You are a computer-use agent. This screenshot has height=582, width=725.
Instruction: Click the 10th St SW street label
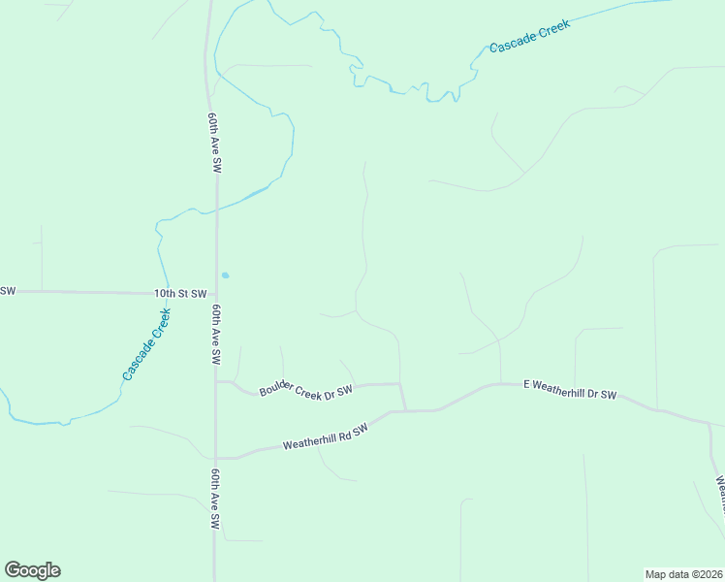click(181, 293)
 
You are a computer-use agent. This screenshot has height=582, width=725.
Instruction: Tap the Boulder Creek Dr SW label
click(304, 391)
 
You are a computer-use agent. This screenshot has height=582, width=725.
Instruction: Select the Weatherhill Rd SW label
click(327, 437)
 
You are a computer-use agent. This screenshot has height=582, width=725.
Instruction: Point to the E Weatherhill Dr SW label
click(570, 389)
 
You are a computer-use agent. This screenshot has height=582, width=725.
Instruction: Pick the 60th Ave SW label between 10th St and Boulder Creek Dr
click(215, 334)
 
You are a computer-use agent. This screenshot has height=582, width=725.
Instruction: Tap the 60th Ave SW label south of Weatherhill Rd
click(215, 501)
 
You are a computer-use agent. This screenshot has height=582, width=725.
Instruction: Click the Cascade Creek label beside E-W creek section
click(529, 35)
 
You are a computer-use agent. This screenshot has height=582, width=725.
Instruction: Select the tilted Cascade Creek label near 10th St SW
click(147, 343)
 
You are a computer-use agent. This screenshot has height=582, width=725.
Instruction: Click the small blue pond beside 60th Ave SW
click(225, 275)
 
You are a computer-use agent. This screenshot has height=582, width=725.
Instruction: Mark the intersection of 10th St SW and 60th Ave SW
click(215, 292)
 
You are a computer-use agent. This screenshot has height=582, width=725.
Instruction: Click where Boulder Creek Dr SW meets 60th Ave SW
click(216, 381)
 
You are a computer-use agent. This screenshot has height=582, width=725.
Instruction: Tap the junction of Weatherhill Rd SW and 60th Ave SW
click(216, 457)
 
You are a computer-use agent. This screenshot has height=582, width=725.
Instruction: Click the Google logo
click(32, 570)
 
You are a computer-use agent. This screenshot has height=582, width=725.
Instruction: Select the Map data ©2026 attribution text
click(683, 573)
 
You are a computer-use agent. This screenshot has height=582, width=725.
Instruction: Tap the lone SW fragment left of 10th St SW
click(8, 291)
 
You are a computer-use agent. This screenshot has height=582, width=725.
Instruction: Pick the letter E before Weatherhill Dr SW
click(528, 384)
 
